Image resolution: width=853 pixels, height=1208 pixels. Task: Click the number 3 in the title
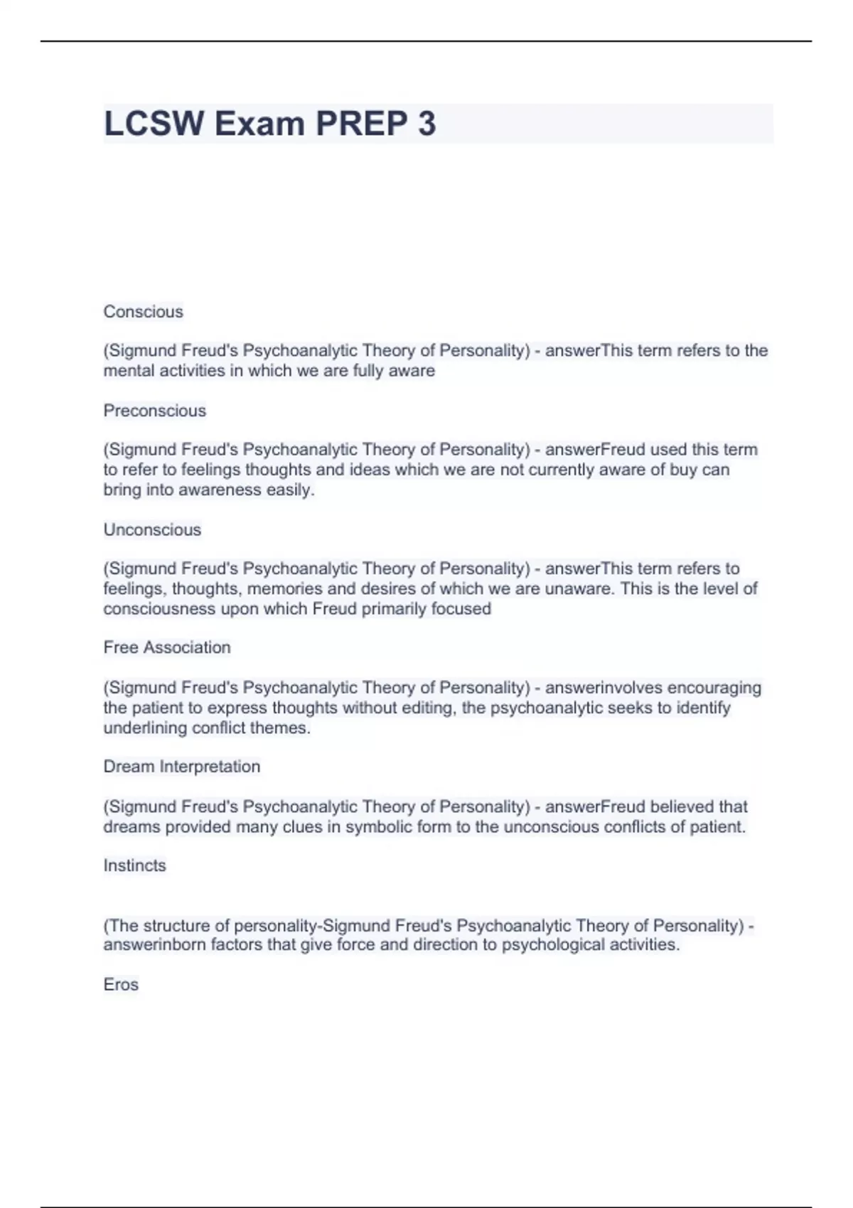click(x=426, y=124)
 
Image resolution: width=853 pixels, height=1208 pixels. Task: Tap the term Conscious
click(x=143, y=311)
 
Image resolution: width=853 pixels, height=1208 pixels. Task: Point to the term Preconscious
click(x=154, y=411)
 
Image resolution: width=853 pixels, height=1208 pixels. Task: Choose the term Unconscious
click(x=152, y=529)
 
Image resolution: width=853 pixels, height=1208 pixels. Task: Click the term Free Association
click(x=167, y=647)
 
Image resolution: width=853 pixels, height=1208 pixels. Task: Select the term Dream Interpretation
click(x=181, y=766)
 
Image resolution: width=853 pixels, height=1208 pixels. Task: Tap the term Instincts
click(x=134, y=865)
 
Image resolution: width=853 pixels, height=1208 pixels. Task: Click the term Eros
click(x=121, y=984)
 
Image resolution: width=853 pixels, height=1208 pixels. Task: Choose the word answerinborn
click(x=154, y=944)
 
